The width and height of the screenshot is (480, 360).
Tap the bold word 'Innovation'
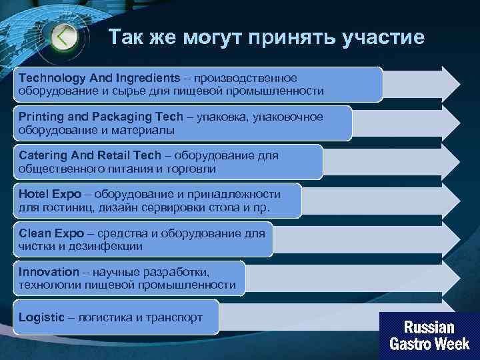[49, 272]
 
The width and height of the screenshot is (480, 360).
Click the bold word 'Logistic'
[41, 317]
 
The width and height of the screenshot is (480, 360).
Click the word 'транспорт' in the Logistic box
[177, 317]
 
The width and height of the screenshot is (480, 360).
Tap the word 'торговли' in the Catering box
[193, 169]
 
